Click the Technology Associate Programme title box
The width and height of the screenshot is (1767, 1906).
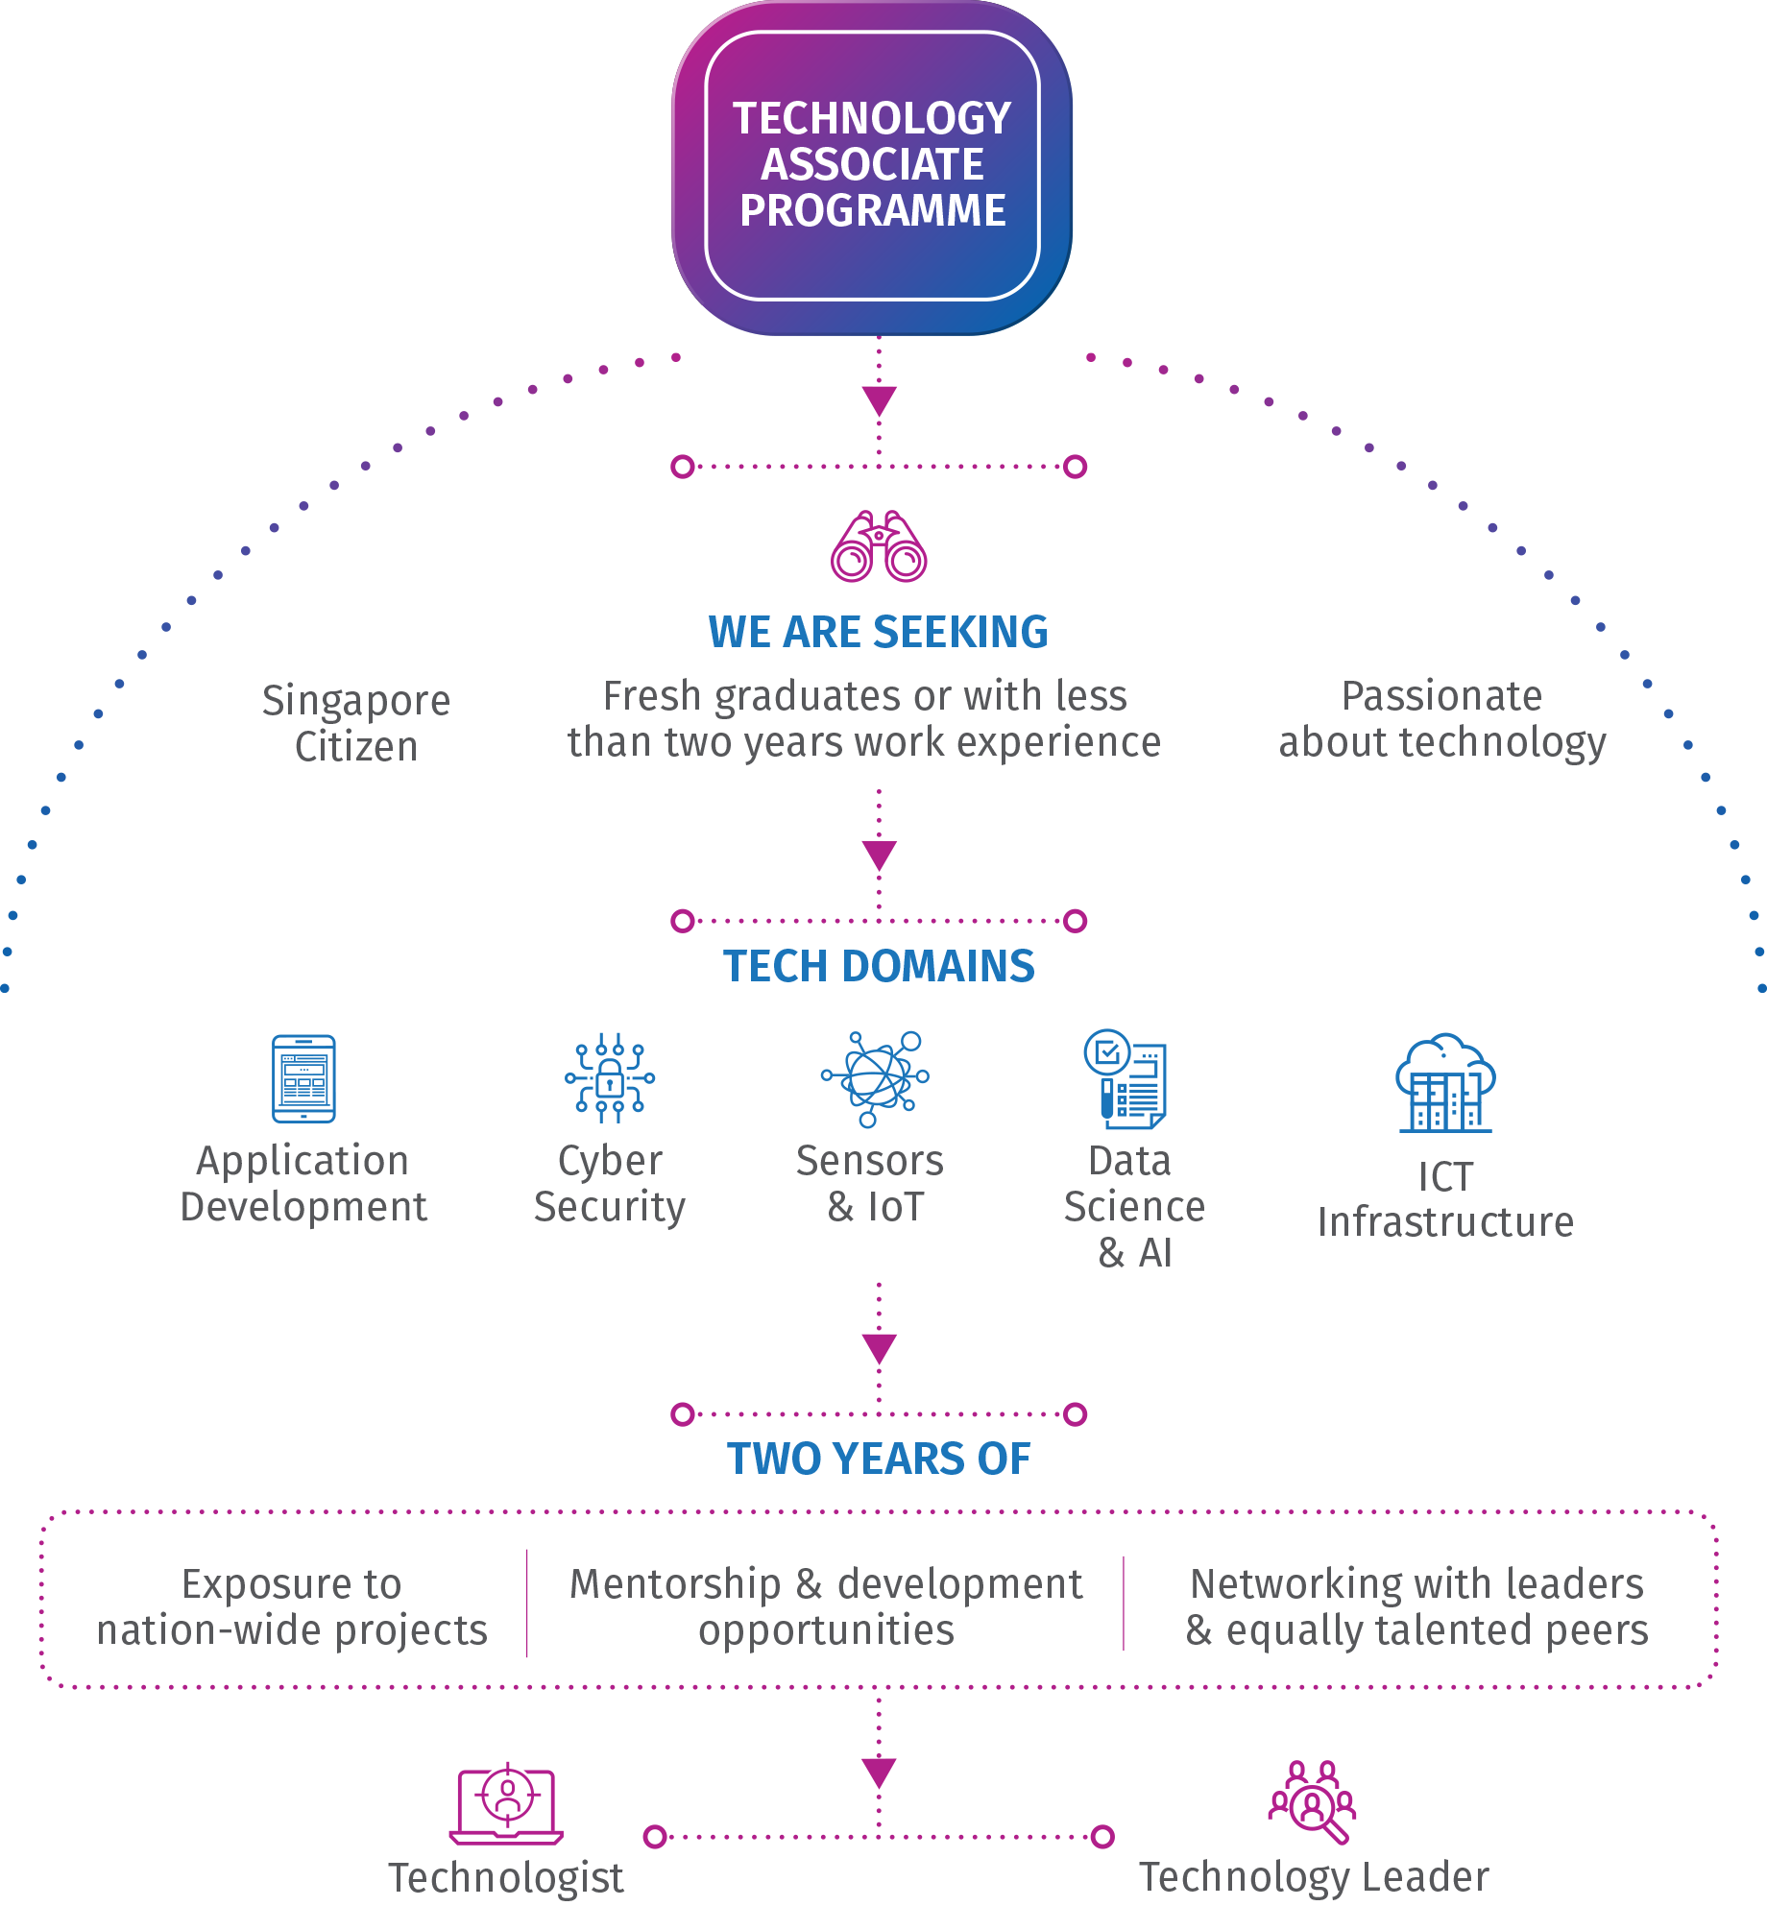(872, 165)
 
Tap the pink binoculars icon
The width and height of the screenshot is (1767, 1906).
(879, 546)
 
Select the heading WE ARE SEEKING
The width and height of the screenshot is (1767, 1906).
(878, 632)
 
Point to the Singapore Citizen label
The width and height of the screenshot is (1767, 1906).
(356, 723)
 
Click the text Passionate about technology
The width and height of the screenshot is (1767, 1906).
(1441, 718)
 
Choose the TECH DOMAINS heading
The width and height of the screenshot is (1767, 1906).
(879, 966)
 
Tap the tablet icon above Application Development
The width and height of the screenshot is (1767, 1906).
(303, 1078)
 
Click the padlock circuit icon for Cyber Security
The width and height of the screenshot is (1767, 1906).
(610, 1078)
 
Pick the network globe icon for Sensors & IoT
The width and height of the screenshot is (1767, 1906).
(875, 1078)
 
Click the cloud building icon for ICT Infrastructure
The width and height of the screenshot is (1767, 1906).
(1445, 1083)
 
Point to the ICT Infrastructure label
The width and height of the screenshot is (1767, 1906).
(1445, 1200)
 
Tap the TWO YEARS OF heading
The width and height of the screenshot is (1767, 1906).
(879, 1459)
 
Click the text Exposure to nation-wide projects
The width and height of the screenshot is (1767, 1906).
(292, 1606)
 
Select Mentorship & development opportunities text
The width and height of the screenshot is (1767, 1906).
(826, 1606)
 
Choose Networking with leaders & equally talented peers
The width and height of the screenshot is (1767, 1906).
(1417, 1606)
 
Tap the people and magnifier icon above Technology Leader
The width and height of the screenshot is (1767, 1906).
(1313, 1802)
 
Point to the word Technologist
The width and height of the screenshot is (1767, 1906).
(506, 1878)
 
